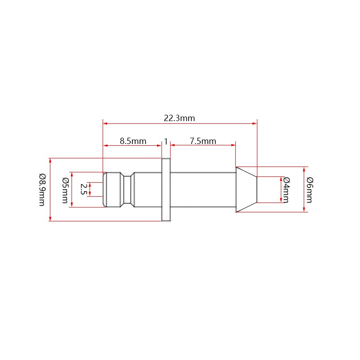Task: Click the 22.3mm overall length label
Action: (x=179, y=118)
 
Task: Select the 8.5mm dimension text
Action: (x=133, y=141)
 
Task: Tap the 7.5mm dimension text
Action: (x=203, y=141)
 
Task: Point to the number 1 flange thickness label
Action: (x=166, y=141)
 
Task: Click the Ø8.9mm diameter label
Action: (x=42, y=189)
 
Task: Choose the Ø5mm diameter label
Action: (x=65, y=190)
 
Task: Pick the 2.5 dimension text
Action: (x=83, y=189)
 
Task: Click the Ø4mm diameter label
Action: (x=287, y=189)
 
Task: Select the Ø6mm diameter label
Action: (x=310, y=189)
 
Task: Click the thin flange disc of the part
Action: (x=166, y=189)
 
